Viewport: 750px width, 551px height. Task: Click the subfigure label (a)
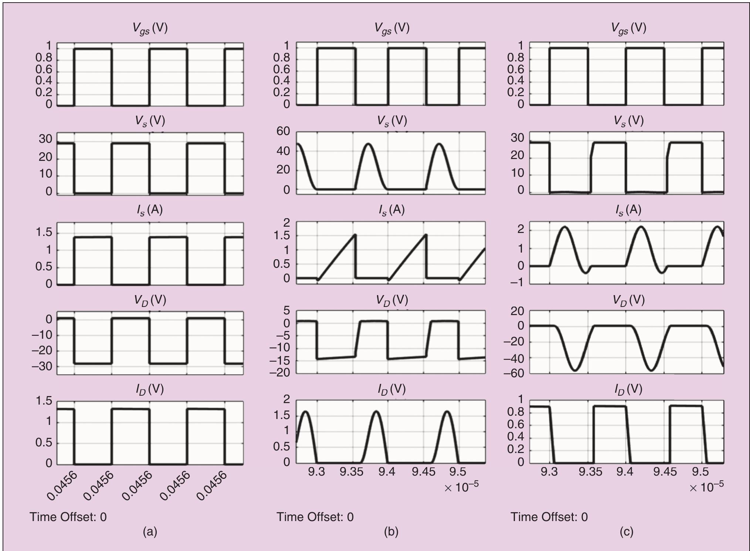point(150,532)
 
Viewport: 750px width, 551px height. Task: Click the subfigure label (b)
point(391,532)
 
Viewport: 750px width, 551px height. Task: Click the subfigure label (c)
point(626,532)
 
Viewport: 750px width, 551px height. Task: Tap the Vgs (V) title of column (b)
point(392,28)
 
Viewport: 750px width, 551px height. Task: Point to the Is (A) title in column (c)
point(628,210)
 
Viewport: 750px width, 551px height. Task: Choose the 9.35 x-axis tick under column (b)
point(352,472)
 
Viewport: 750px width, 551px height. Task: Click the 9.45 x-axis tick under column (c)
point(665,472)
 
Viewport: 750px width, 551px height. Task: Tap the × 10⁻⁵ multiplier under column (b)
point(461,487)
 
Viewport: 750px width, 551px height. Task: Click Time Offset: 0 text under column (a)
point(68,517)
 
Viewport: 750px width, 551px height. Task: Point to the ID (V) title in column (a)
point(149,389)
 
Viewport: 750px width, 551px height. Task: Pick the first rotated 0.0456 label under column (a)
point(62,486)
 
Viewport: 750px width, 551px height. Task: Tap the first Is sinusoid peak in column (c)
point(565,227)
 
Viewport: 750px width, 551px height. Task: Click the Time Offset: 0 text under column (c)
point(549,517)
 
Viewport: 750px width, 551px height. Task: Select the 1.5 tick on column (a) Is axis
point(44,233)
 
